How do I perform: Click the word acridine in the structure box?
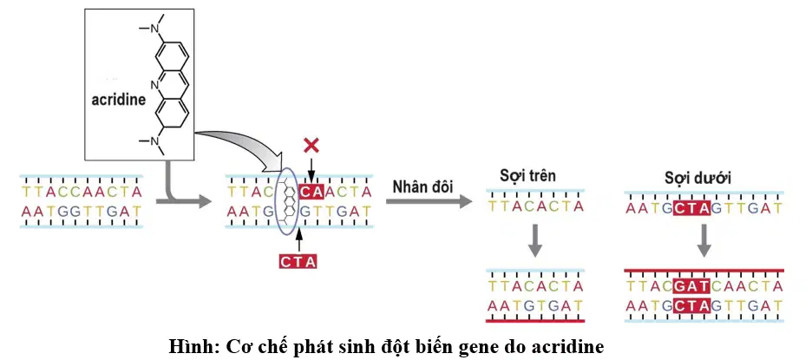[x=119, y=100]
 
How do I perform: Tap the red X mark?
[x=311, y=146]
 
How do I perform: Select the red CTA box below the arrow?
[x=298, y=262]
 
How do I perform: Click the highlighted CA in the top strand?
[x=311, y=193]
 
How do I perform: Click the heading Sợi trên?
[x=527, y=175]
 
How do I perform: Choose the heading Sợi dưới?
[x=698, y=179]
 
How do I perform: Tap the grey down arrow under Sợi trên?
[x=535, y=239]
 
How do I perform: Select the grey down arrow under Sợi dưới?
[x=704, y=240]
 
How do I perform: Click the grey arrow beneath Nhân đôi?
[x=429, y=201]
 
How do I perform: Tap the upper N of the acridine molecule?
[x=154, y=29]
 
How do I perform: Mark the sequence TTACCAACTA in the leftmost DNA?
[x=82, y=193]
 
